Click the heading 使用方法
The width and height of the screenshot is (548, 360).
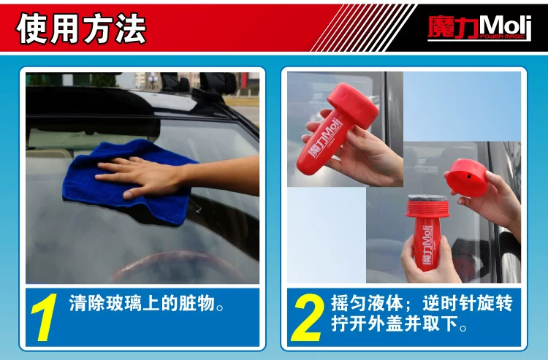coord(80,28)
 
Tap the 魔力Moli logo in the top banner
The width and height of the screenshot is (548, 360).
coord(479,28)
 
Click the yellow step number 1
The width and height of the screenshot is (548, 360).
coord(45,317)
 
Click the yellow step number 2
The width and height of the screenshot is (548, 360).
coord(307,317)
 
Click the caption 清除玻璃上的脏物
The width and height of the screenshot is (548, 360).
coord(146,303)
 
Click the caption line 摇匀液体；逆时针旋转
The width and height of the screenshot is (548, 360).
coord(422,303)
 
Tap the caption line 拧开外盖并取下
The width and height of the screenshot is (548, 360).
coord(399,323)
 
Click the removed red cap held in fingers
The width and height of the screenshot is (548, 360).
coord(468,177)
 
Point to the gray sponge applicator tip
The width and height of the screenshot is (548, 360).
coord(427,198)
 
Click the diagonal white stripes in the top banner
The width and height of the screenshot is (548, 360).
coord(363,28)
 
